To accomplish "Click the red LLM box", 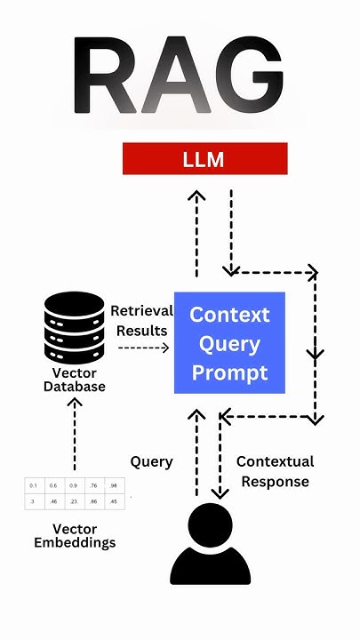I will [204, 159].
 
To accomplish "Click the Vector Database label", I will [75, 380].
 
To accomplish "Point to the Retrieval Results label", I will [140, 321].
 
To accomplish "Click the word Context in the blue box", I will [229, 315].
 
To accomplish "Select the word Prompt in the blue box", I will [229, 372].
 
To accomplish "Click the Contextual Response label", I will [274, 471].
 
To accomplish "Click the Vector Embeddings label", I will [75, 535].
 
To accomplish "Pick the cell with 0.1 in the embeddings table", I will [33, 485].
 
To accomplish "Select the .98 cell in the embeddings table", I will [112, 485].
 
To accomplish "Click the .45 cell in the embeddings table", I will [112, 501].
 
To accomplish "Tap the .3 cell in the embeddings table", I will [33, 501].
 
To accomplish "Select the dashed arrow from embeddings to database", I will [75, 436].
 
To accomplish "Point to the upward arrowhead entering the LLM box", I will [196, 193].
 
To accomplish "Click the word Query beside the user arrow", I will [151, 461].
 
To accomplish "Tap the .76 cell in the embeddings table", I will [92, 485].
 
